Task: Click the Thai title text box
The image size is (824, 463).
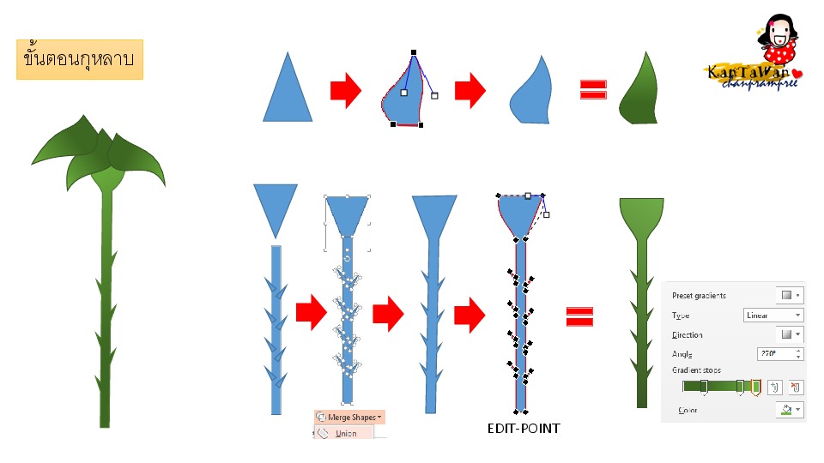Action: pyautogui.click(x=79, y=59)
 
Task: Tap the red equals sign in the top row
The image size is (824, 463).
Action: pyautogui.click(x=593, y=90)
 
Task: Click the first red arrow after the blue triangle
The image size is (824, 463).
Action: pyautogui.click(x=346, y=90)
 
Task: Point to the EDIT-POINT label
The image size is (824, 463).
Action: pyautogui.click(x=523, y=428)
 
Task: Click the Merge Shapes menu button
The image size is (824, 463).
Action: pyautogui.click(x=349, y=417)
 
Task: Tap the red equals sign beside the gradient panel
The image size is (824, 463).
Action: pyautogui.click(x=580, y=317)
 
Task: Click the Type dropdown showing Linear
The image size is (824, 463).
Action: pyautogui.click(x=772, y=315)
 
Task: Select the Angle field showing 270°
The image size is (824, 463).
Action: pyautogui.click(x=780, y=353)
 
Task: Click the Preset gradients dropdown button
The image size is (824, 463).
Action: pyautogui.click(x=790, y=295)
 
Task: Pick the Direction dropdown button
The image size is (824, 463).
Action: pyautogui.click(x=790, y=334)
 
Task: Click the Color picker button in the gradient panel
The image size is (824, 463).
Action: pyautogui.click(x=790, y=411)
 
